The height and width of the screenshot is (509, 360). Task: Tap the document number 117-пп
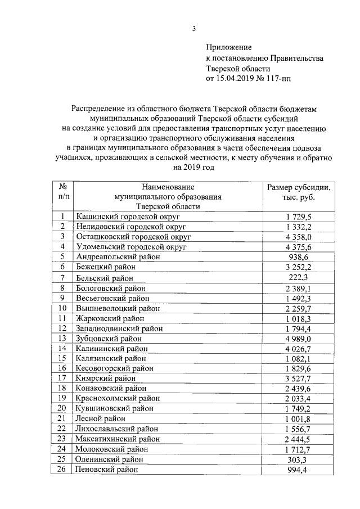280,79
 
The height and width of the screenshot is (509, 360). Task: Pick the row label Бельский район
105,278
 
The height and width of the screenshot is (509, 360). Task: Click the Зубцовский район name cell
109,339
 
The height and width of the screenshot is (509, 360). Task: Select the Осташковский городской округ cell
133,236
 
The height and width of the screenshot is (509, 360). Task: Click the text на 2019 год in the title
194,167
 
